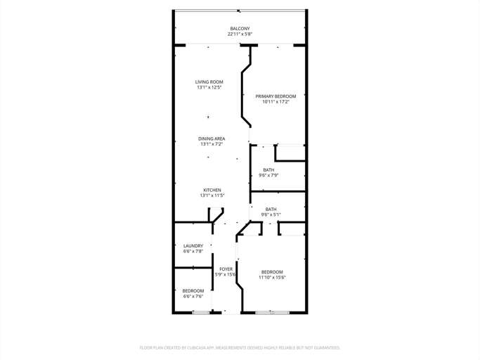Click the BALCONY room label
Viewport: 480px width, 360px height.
tap(240, 29)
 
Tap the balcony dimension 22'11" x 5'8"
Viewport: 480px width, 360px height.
tap(240, 34)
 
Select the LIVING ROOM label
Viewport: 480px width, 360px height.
tap(209, 82)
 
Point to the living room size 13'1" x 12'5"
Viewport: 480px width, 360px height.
tap(209, 88)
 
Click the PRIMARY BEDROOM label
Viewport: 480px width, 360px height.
tap(275, 96)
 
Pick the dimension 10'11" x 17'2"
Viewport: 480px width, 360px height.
tap(275, 102)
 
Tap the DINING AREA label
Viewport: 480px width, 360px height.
tap(212, 139)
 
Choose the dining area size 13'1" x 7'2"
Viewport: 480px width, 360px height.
tap(212, 144)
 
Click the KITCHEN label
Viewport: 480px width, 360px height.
tap(212, 190)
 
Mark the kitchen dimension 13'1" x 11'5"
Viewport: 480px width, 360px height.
tap(212, 195)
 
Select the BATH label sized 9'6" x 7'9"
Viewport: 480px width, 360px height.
tap(269, 169)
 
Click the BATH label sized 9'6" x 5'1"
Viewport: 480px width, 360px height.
tap(271, 209)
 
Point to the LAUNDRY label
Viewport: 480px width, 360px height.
tap(193, 245)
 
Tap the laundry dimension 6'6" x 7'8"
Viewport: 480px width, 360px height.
tap(193, 251)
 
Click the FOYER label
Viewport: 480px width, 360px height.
tap(226, 269)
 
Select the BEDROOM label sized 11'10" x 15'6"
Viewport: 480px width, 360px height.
tap(272, 272)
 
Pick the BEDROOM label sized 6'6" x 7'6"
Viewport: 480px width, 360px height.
tap(193, 290)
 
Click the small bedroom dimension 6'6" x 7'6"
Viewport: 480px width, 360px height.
tap(193, 296)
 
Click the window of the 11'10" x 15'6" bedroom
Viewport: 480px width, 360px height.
tap(272, 312)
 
